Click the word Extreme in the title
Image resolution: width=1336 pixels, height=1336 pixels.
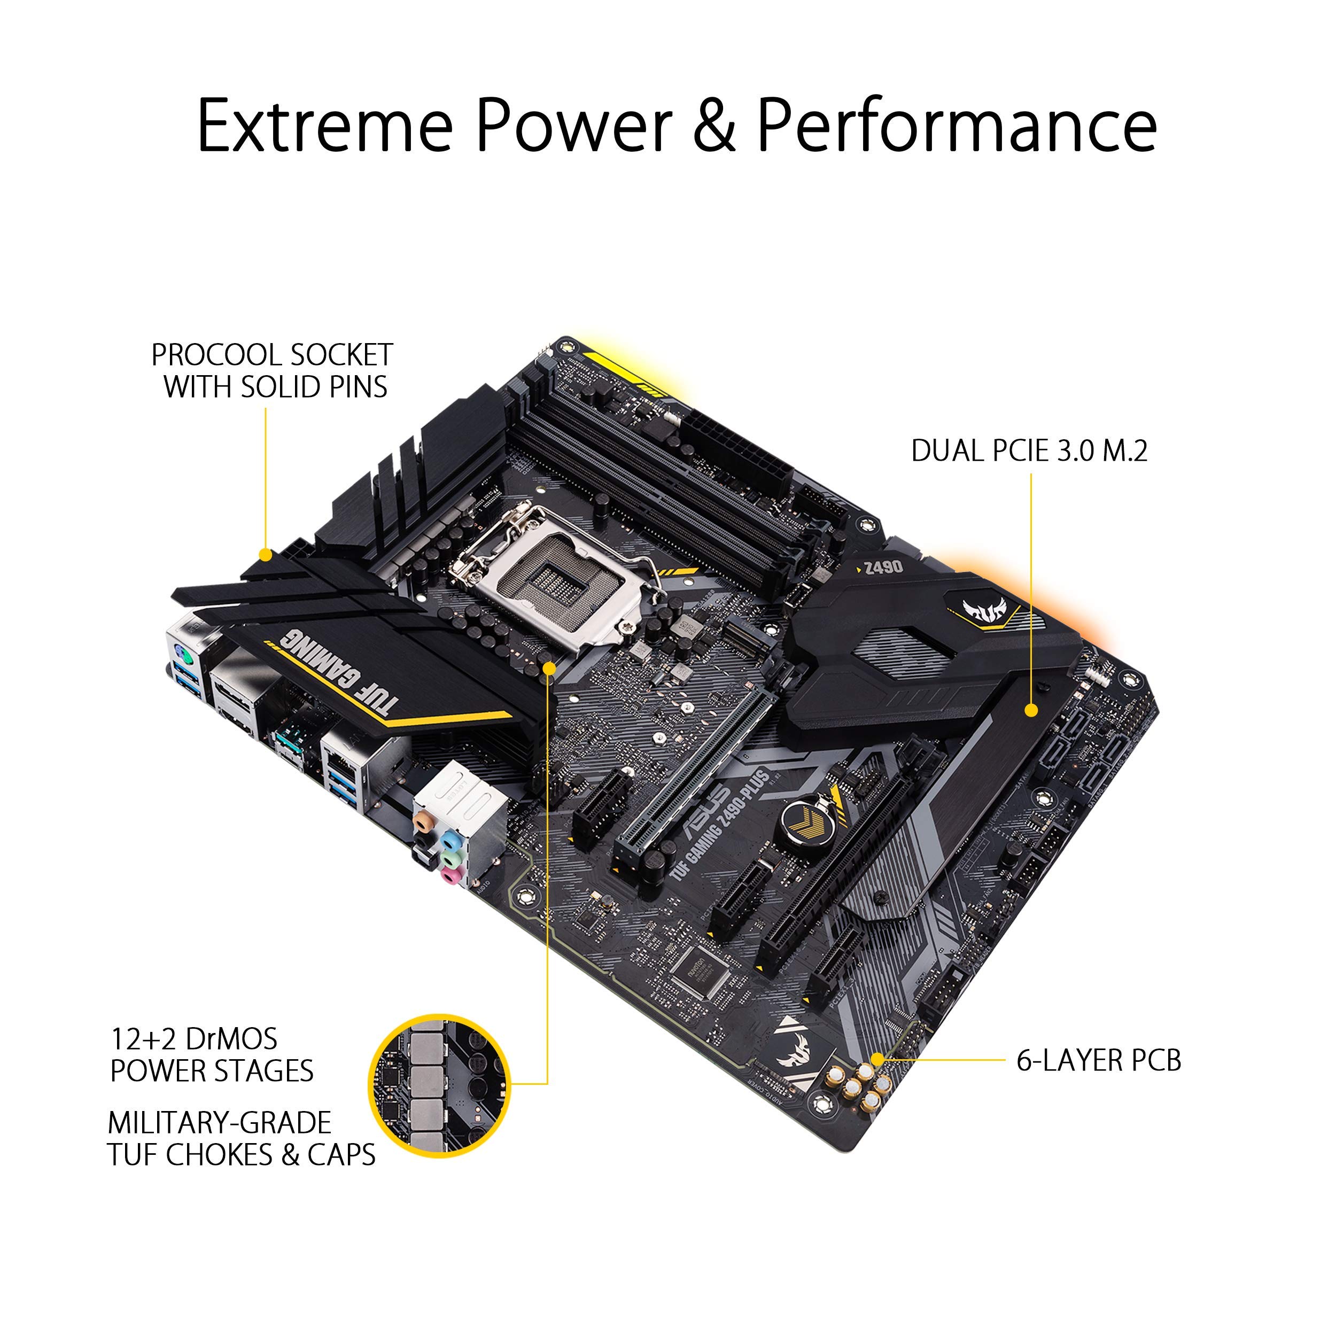[325, 126]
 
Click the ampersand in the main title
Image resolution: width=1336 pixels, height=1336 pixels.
[713, 126]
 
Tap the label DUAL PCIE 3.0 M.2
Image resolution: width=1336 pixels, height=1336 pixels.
[1029, 451]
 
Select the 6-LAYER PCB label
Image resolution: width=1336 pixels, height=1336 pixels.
[1099, 1060]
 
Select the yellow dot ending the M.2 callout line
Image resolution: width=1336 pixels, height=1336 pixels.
[1031, 710]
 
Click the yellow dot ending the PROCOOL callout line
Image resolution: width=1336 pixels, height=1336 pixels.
[265, 555]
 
